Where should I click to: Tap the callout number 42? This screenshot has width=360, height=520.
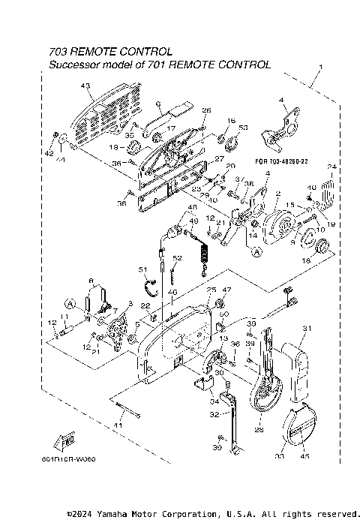click(x=49, y=153)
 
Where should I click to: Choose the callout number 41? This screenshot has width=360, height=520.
click(x=117, y=426)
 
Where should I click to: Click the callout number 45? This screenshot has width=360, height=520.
click(x=304, y=455)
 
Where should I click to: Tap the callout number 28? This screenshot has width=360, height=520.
click(x=259, y=429)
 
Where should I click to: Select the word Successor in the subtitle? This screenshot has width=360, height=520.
click(x=73, y=65)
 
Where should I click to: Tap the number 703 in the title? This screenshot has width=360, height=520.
click(x=58, y=52)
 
